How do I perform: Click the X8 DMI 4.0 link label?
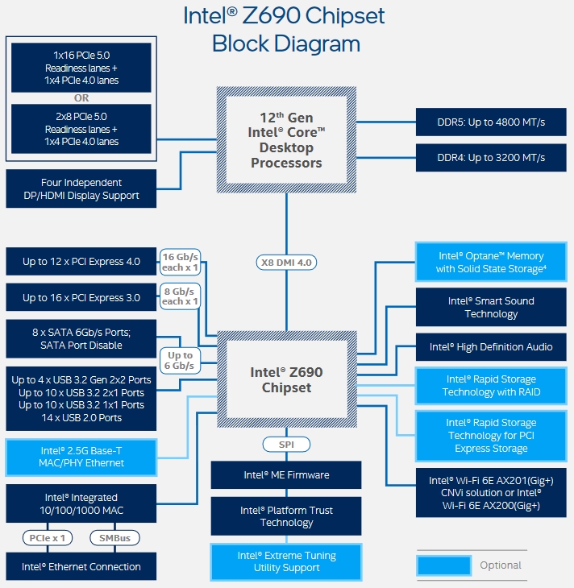pyautogui.click(x=286, y=263)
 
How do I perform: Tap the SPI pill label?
pyautogui.click(x=286, y=445)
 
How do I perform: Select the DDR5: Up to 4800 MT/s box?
pyautogui.click(x=491, y=122)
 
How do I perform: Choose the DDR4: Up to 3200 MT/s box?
pyautogui.click(x=491, y=158)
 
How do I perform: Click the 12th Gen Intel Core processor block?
pyautogui.click(x=286, y=140)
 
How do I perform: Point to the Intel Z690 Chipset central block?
pyautogui.click(x=286, y=379)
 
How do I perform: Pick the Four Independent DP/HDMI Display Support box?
pyautogui.click(x=81, y=188)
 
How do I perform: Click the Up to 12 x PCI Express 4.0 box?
pyautogui.click(x=81, y=261)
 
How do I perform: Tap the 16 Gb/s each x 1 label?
pyautogui.click(x=181, y=262)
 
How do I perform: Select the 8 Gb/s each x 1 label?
pyautogui.click(x=181, y=296)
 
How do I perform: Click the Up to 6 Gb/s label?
pyautogui.click(x=181, y=360)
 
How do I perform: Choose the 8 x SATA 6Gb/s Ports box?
pyautogui.click(x=81, y=338)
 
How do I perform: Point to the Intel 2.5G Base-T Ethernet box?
pyautogui.click(x=81, y=458)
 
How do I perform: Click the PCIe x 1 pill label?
pyautogui.click(x=48, y=538)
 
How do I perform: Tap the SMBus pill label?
pyautogui.click(x=114, y=538)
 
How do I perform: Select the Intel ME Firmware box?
pyautogui.click(x=286, y=474)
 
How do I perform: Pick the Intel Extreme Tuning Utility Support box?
pyautogui.click(x=286, y=561)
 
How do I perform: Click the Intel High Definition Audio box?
pyautogui.click(x=491, y=347)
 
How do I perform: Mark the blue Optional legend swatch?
pyautogui.click(x=444, y=565)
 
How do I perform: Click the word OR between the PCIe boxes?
pyautogui.click(x=81, y=98)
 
